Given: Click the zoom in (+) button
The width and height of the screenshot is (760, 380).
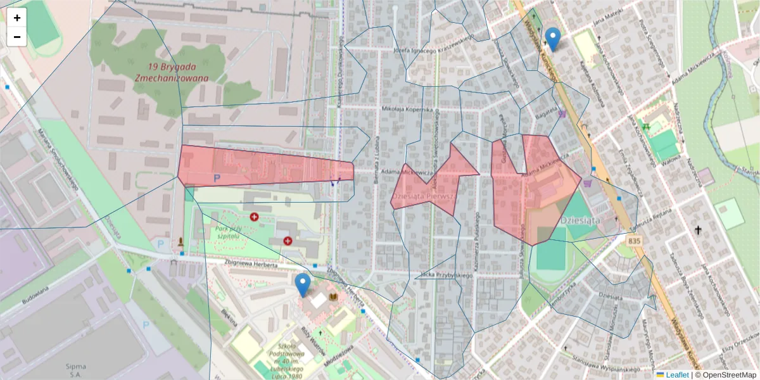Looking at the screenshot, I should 17,18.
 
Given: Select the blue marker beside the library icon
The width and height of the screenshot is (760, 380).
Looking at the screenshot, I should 303,285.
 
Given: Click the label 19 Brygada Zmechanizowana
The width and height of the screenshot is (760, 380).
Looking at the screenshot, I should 171,72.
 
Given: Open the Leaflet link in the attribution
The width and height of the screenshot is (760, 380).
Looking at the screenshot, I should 677,375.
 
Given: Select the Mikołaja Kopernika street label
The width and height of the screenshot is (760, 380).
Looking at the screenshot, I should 407,109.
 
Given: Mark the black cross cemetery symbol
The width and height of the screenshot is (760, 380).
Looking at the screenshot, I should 699,231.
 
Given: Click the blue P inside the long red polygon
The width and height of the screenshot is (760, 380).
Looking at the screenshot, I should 217,179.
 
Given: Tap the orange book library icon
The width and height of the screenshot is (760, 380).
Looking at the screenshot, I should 333,297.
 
